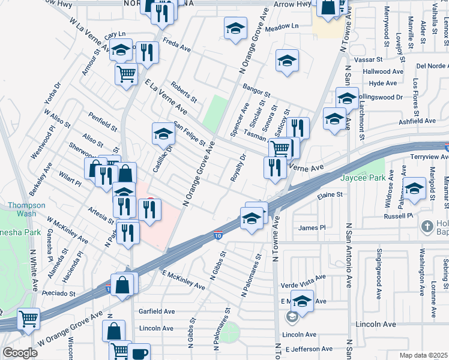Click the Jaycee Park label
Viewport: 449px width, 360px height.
tap(363, 178)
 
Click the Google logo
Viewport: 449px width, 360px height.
tap(20, 353)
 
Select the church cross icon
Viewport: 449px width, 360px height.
tap(427, 227)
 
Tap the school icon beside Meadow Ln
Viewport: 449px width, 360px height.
tap(236, 28)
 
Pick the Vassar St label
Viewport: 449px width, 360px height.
tap(369, 60)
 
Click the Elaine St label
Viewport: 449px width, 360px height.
tap(330, 195)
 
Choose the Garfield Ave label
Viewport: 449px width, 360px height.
tap(157, 312)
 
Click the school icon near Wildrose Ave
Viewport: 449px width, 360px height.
tap(414, 188)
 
